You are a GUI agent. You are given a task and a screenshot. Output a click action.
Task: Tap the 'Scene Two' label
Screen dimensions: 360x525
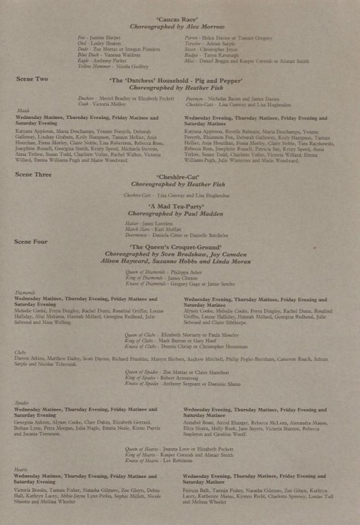(x=31, y=79)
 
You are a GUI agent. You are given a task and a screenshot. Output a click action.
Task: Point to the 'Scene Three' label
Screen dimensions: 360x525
(x=33, y=175)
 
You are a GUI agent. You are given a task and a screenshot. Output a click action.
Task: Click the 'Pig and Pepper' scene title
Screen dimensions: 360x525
(x=179, y=81)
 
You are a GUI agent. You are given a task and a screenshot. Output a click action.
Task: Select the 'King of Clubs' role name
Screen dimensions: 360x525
(x=140, y=341)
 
